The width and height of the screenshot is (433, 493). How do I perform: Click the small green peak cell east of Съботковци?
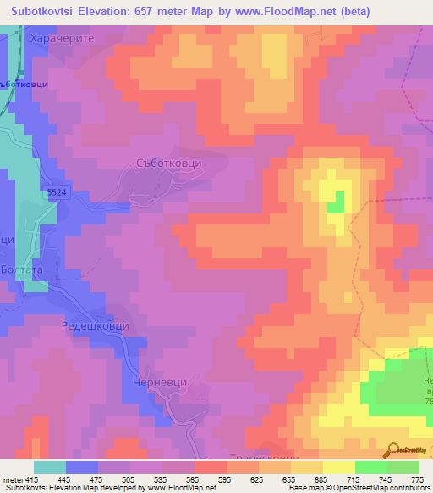[x=337, y=202]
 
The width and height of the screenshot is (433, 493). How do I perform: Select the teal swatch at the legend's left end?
[x=50, y=467]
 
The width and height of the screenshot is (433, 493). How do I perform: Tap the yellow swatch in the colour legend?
[x=338, y=467]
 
